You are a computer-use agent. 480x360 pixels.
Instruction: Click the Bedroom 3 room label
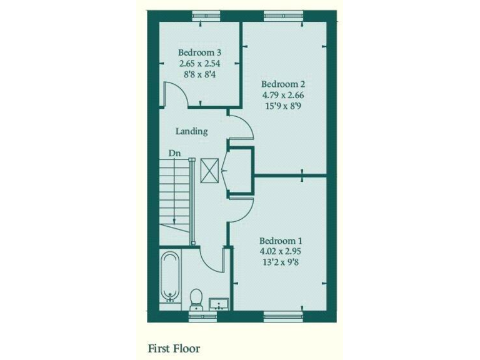pyautogui.click(x=199, y=52)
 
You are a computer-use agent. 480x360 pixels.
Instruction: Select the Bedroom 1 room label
pyautogui.click(x=281, y=241)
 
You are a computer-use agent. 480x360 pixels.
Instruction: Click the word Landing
pyautogui.click(x=191, y=131)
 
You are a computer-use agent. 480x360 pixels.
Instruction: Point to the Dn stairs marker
pyautogui.click(x=174, y=152)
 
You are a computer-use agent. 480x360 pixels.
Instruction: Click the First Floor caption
pyautogui.click(x=174, y=347)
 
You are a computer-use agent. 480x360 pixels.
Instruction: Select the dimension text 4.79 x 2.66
pyautogui.click(x=283, y=95)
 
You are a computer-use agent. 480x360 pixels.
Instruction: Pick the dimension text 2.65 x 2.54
pyautogui.click(x=199, y=63)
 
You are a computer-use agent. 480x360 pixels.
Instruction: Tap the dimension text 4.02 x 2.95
pyautogui.click(x=281, y=251)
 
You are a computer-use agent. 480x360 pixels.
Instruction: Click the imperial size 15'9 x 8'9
pyautogui.click(x=283, y=106)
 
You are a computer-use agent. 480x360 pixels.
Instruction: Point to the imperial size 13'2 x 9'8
pyautogui.click(x=281, y=262)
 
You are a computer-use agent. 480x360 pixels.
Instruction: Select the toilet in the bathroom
pyautogui.click(x=196, y=299)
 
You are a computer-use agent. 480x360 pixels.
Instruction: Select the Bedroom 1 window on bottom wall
pyautogui.click(x=283, y=317)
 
